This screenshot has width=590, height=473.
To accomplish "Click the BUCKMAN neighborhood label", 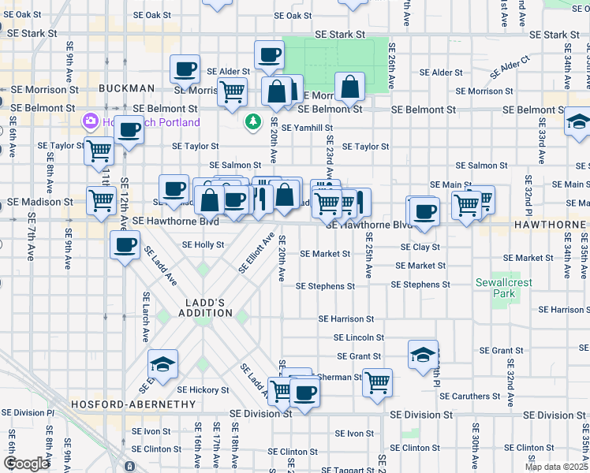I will (x=125, y=88).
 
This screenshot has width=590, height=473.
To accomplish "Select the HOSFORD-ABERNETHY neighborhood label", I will (x=133, y=404).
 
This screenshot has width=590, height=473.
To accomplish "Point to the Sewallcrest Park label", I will (x=495, y=288).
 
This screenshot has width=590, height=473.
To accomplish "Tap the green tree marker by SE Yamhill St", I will (x=253, y=122).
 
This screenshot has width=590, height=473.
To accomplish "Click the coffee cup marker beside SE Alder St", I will (x=185, y=69).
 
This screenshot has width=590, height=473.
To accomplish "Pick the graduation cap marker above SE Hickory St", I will (x=162, y=363).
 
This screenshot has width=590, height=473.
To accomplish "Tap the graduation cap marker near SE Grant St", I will (x=424, y=354).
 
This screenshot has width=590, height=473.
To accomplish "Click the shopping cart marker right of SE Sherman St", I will (x=378, y=382).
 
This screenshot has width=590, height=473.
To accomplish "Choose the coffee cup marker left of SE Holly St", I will (x=125, y=244).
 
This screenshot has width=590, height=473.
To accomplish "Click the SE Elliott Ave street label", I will (x=256, y=253).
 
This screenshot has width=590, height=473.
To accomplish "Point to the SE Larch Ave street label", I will (x=146, y=317).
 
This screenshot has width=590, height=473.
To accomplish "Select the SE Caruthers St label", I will (x=469, y=396).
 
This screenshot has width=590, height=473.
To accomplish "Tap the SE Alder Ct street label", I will (x=510, y=67).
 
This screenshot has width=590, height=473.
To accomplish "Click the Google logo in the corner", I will (x=26, y=463).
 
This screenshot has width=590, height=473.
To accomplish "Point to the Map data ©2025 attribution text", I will (x=556, y=467).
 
